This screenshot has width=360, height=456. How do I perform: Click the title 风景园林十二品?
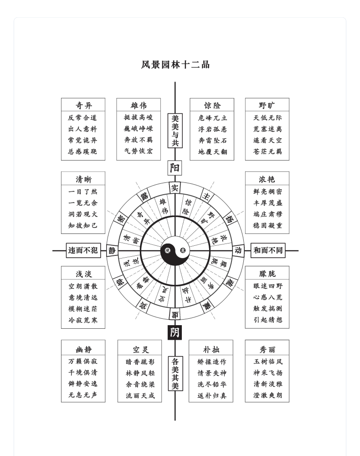pos(175,65)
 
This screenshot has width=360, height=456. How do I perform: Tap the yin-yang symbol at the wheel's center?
pos(175,250)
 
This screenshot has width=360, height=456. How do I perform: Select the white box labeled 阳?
pos(175,168)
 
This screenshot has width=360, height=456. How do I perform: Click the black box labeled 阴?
pos(175,332)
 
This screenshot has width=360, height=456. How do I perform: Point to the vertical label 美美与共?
pos(175,130)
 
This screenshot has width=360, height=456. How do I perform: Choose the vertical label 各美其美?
pos(175,373)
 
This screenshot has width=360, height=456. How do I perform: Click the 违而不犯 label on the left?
pos(83,250)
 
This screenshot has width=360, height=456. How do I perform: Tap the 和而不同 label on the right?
pos(268,250)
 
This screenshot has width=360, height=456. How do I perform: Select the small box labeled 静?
pos(112,250)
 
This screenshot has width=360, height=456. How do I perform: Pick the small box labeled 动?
pos(238,250)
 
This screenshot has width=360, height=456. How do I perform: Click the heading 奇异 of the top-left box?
pos(83,105)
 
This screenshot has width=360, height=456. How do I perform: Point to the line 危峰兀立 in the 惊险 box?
pos(212,118)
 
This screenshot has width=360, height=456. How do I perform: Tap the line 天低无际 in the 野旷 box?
pos(267,118)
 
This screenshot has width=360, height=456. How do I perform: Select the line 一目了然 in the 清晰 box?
pos(83,192)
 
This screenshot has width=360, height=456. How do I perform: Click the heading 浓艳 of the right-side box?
pos(267,179)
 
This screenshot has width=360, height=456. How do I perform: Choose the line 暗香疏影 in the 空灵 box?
pos(140,362)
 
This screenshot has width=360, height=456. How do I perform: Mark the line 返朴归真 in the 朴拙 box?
pos(211,396)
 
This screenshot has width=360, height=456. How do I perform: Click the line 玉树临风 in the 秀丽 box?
pos(267,362)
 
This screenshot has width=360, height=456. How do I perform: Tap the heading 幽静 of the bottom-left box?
pos(83,350)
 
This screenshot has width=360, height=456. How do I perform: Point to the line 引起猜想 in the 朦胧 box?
pos(267,320)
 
